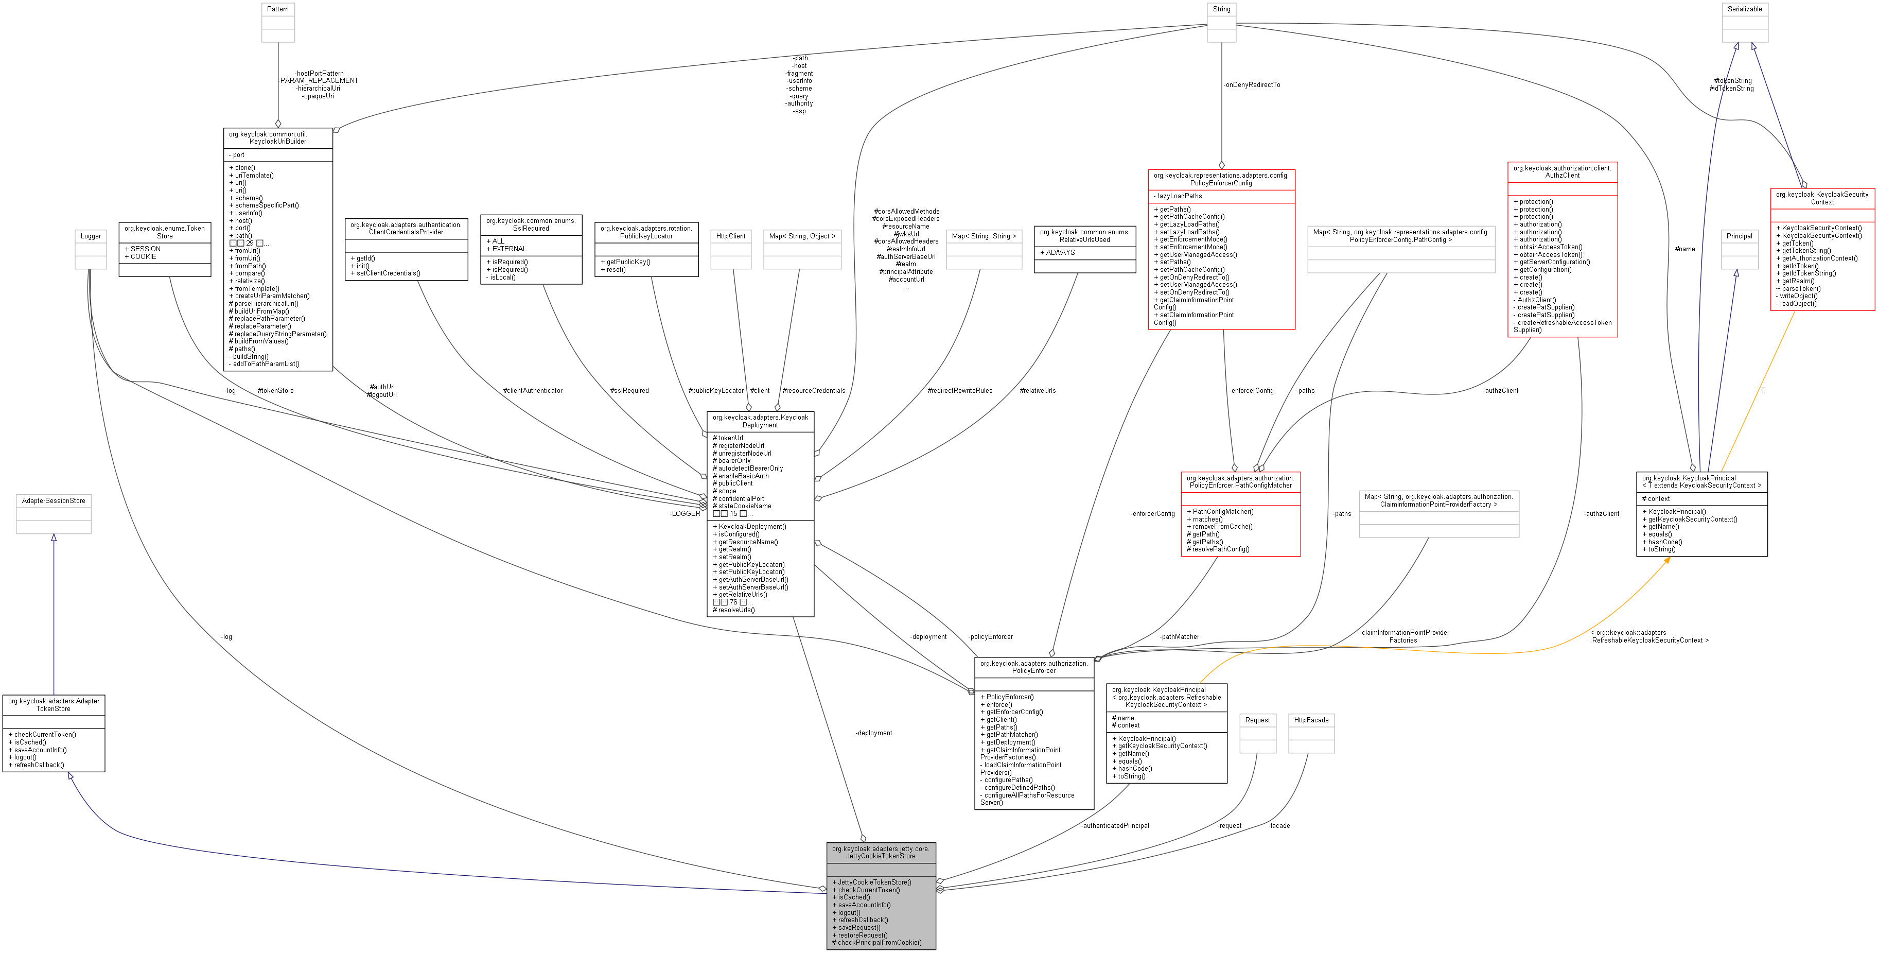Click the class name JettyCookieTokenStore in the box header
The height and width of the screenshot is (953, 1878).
click(881, 856)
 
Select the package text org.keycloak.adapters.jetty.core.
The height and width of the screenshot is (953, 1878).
click(881, 848)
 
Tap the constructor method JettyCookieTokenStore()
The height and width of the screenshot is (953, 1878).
click(874, 882)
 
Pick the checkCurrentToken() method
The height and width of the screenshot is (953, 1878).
click(869, 890)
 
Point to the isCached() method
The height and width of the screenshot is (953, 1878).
click(854, 897)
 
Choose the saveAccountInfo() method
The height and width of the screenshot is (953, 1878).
click(864, 905)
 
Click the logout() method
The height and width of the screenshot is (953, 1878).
click(849, 913)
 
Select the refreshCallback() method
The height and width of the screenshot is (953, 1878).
click(863, 920)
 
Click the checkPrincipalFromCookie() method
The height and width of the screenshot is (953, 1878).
click(879, 943)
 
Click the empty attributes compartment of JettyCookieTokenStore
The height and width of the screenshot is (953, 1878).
click(881, 870)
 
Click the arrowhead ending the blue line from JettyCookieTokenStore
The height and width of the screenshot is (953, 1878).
click(70, 776)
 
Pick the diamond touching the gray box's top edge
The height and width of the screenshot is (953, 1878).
click(863, 839)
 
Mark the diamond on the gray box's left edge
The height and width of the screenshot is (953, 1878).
click(822, 889)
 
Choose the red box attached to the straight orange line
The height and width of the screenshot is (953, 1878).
click(1822, 249)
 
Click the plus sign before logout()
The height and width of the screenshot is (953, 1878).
click(834, 913)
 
